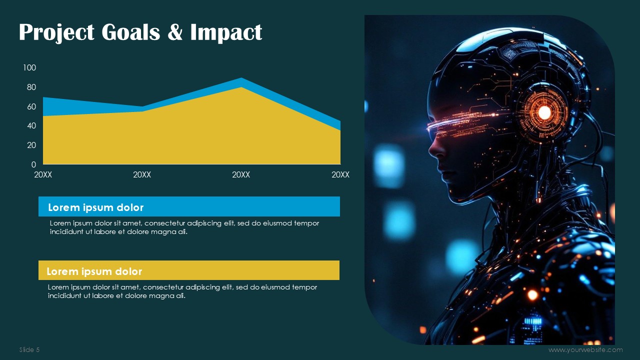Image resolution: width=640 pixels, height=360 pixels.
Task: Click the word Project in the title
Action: coord(56,32)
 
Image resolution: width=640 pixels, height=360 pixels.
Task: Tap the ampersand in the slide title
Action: coord(175,31)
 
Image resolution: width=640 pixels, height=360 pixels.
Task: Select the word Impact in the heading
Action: coord(226,32)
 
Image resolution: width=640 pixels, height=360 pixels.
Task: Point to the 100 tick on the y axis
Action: coord(29,67)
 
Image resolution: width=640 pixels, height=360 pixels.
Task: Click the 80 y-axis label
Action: coord(31,87)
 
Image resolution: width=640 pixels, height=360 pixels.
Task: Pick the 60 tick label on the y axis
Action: coord(31,106)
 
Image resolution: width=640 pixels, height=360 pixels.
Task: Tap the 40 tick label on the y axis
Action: coord(31,125)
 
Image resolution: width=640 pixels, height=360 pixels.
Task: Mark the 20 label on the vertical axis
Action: coord(31,145)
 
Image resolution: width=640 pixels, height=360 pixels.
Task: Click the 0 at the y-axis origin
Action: coord(33,164)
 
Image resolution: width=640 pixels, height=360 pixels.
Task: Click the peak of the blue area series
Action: coord(241,78)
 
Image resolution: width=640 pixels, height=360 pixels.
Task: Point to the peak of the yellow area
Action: coord(241,87)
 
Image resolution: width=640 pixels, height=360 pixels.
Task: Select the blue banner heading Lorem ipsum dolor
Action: coord(95,207)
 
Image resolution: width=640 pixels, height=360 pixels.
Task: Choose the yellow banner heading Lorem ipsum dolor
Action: coord(94,271)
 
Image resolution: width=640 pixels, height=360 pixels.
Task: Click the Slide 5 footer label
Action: coord(29,349)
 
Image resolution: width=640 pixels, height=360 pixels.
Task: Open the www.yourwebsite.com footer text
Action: coord(585,349)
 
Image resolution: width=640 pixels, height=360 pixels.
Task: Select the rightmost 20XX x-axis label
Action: coord(340,174)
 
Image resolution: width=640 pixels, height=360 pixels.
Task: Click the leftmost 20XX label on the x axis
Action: coord(43,174)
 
